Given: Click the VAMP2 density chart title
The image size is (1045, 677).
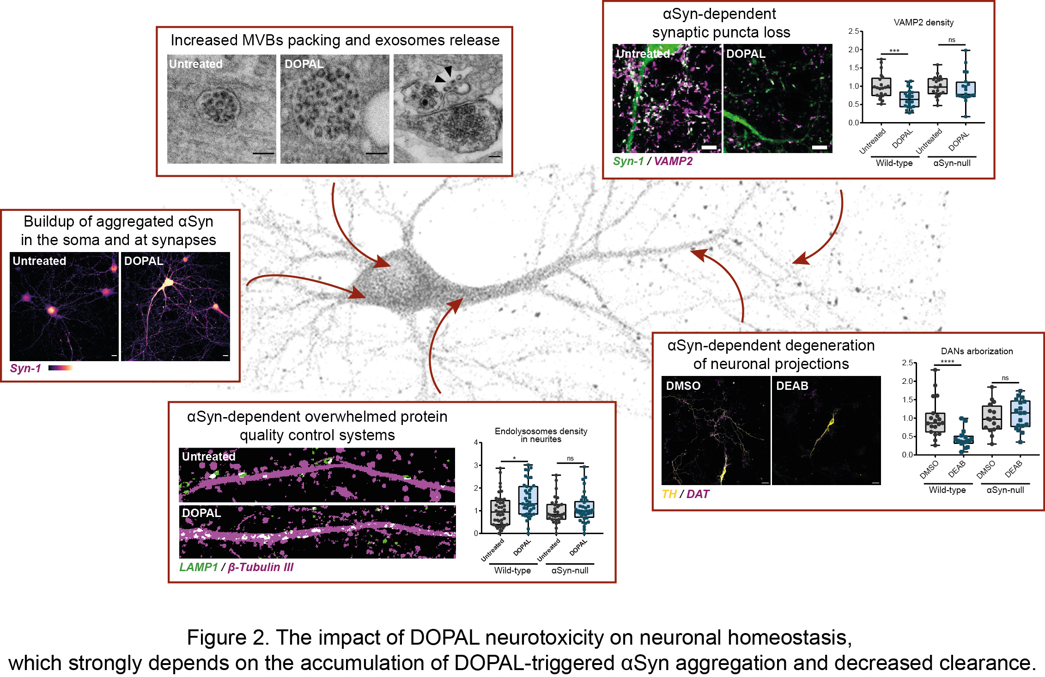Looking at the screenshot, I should (x=923, y=23).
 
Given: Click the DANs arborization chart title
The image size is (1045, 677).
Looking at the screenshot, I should (x=977, y=351).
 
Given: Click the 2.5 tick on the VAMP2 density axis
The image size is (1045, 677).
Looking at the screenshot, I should (x=853, y=31).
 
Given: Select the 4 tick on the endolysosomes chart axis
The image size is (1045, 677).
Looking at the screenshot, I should (x=476, y=443).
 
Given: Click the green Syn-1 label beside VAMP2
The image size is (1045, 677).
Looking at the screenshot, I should (x=628, y=161).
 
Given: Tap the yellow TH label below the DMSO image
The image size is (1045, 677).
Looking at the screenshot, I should (x=668, y=494).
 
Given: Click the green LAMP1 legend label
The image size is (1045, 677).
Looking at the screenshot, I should (x=198, y=567).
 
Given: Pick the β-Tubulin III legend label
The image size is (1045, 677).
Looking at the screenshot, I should (x=261, y=567).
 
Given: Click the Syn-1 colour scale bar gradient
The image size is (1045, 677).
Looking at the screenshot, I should (x=61, y=368).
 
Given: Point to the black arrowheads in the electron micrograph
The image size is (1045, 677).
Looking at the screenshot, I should (x=444, y=74).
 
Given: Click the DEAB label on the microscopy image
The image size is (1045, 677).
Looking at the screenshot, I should (x=792, y=386).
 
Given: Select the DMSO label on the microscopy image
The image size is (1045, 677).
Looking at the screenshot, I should (x=683, y=386).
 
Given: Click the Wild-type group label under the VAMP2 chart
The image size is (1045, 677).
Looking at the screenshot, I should (x=894, y=163).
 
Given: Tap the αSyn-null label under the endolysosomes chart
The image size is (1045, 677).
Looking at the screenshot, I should (x=570, y=571).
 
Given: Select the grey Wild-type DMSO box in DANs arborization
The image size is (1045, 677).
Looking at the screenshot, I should (x=935, y=423).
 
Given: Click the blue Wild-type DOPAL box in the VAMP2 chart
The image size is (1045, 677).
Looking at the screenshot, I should (x=909, y=99).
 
